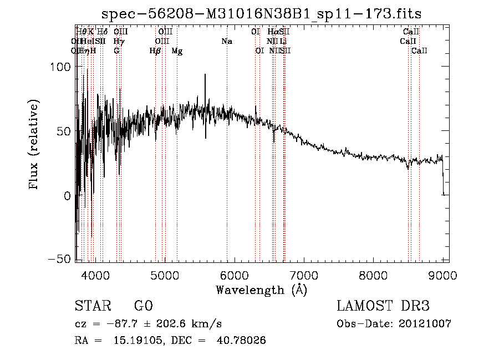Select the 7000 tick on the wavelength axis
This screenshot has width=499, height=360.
(x=303, y=273)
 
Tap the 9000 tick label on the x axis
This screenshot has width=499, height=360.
(x=442, y=273)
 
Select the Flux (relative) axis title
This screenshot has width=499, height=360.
(x=34, y=144)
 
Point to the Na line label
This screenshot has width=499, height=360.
(x=226, y=41)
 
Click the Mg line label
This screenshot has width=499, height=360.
(x=177, y=51)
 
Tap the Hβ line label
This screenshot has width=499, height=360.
(x=155, y=51)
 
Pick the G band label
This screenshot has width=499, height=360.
(x=116, y=51)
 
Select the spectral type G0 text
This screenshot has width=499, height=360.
(x=144, y=306)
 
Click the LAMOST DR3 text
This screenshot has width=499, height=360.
(x=383, y=306)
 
